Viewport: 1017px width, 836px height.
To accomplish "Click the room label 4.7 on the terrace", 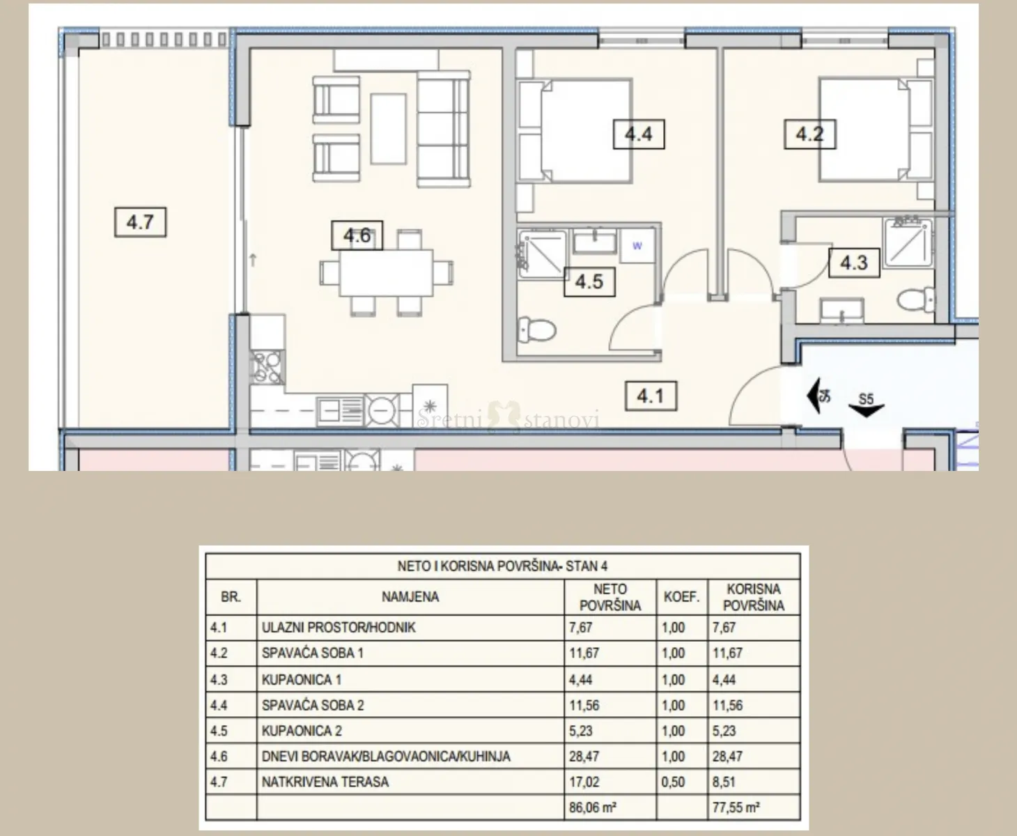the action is point(140,222).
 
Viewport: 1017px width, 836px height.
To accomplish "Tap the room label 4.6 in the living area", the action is point(357,235).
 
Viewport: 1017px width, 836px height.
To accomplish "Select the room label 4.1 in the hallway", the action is point(651,396).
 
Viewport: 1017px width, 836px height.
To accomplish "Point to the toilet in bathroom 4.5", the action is point(536,330).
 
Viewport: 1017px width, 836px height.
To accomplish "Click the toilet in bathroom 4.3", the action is point(916,300).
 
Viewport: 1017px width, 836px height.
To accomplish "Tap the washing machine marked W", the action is point(637,246).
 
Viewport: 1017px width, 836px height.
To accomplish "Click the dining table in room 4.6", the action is point(386,272).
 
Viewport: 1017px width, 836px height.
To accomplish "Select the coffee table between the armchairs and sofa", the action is point(388,129).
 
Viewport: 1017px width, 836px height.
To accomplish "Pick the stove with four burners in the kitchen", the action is point(267,368).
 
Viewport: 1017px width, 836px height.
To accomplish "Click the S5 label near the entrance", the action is point(866,399).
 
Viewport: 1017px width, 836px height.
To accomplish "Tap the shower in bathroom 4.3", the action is point(908,242).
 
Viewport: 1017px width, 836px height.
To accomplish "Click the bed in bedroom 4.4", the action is point(574,131).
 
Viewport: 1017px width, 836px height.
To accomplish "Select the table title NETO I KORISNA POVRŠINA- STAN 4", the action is point(502,566).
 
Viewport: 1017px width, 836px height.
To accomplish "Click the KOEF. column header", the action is point(681,597).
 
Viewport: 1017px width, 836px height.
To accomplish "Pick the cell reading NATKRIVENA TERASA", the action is point(325,782).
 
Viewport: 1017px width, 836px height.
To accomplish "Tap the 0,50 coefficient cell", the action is point(673,782).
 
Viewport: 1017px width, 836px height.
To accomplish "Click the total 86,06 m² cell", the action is point(593,807).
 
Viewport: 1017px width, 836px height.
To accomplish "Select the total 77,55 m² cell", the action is point(736,807).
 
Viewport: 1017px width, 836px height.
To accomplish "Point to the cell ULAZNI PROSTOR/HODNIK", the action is point(339,628).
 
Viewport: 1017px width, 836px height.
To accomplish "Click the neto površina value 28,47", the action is point(584,756).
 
